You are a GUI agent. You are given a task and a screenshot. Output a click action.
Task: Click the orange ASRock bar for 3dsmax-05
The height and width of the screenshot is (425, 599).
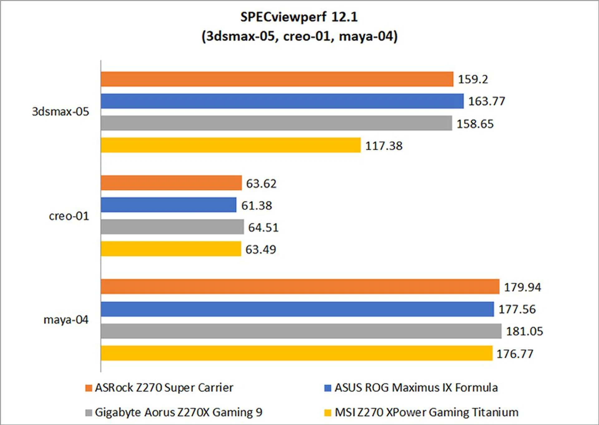(277, 79)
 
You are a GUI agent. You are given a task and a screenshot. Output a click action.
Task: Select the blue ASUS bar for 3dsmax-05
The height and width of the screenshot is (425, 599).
(282, 101)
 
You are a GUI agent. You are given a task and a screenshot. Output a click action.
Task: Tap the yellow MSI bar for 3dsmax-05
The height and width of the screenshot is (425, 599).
(231, 145)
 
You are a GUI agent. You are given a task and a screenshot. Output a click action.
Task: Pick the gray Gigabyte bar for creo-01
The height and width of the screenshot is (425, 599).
(172, 227)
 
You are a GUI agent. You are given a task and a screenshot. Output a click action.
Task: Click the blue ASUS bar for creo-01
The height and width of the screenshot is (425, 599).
(168, 205)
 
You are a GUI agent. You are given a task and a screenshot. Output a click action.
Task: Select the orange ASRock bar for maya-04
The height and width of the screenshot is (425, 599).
(300, 287)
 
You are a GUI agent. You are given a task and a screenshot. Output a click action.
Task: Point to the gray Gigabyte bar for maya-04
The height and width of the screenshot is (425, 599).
(301, 331)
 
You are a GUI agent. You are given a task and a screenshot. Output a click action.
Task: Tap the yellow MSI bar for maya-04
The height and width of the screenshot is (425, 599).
(296, 353)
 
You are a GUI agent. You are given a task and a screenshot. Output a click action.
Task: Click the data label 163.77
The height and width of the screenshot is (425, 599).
(487, 101)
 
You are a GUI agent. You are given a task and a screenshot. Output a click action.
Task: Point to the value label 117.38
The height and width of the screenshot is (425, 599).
(384, 146)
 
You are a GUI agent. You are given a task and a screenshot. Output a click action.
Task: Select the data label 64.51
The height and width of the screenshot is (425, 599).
(263, 228)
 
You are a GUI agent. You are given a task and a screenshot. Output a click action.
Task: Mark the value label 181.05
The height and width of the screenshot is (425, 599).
(524, 331)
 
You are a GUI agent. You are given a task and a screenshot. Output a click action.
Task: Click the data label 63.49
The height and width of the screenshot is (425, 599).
(261, 250)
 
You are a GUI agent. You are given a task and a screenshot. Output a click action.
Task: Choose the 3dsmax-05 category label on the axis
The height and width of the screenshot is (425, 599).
(61, 112)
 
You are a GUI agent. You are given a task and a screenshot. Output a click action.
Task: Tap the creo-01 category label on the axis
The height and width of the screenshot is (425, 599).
(69, 216)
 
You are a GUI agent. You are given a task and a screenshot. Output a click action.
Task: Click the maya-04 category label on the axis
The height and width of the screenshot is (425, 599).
(66, 320)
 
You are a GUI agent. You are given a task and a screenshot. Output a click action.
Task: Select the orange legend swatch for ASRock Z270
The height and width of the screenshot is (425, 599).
(89, 388)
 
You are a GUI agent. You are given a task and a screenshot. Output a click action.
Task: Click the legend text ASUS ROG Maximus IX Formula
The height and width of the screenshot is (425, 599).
(416, 388)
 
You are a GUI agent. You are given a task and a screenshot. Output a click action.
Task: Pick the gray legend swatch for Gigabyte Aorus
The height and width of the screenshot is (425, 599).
(89, 413)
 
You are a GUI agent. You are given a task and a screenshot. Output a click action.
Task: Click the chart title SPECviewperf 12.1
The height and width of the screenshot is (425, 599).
(299, 17)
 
